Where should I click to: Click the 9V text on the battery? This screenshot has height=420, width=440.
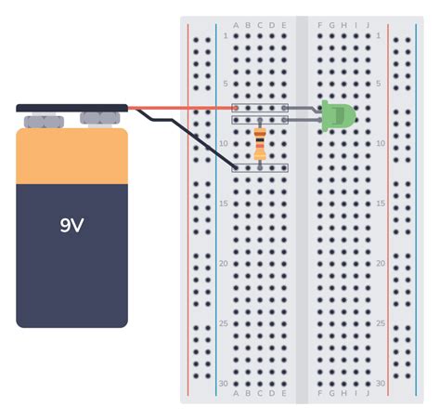point(71,225)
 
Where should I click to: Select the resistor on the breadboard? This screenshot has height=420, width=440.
point(260,144)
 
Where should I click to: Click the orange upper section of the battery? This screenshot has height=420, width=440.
point(71,156)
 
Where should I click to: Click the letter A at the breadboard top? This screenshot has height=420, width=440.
point(236,25)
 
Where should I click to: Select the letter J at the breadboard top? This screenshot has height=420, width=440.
point(368,25)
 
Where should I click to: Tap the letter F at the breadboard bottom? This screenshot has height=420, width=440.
point(319,394)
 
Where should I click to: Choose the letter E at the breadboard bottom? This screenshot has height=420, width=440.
point(283,394)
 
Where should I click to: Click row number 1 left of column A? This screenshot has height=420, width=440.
point(224,35)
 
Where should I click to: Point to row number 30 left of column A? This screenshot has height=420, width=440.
point(223,383)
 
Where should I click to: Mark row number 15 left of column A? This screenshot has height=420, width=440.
point(223,203)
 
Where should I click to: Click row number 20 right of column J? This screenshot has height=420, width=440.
point(380,263)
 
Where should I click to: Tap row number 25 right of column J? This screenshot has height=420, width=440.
point(380,323)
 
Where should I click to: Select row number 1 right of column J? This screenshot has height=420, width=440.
point(380,35)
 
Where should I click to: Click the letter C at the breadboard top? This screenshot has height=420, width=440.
point(260,25)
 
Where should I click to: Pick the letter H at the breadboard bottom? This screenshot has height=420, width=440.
point(343,394)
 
